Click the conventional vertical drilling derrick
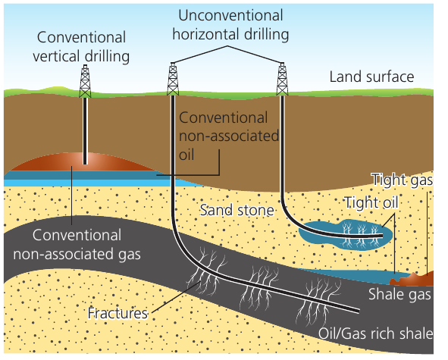[x=85, y=81]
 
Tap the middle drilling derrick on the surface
[x=173, y=79]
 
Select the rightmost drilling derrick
[x=282, y=79]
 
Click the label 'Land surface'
[x=371, y=77]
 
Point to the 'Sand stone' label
[x=237, y=210]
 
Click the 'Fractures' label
[x=117, y=313]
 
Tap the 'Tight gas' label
[x=402, y=180]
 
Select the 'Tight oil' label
[x=371, y=202]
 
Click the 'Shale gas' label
[x=399, y=294]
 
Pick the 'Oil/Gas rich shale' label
[x=375, y=333]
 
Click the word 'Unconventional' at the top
[x=230, y=15]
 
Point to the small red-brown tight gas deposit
[x=413, y=279]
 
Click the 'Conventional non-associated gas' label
[x=77, y=245]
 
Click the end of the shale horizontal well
[x=359, y=311]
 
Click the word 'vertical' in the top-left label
[x=56, y=56]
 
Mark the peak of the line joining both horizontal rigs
[x=227, y=46]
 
